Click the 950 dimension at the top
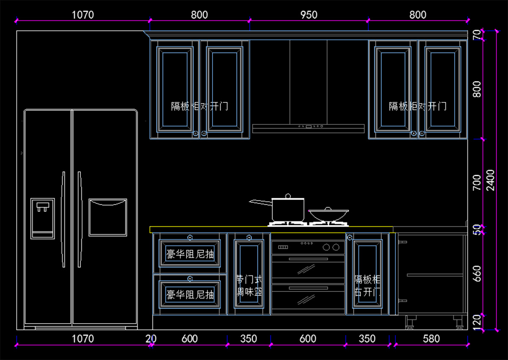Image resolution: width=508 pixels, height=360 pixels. [x=309, y=15]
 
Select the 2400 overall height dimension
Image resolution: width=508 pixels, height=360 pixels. [x=490, y=180]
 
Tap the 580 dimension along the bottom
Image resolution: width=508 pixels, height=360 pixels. [x=431, y=339]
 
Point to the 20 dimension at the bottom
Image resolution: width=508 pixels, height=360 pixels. [x=150, y=339]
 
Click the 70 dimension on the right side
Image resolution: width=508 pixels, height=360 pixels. [x=477, y=35]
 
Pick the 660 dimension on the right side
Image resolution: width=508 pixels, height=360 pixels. [x=477, y=273]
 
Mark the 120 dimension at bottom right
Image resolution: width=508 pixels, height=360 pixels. [x=477, y=322]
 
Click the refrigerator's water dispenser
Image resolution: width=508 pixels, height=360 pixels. [x=42, y=218]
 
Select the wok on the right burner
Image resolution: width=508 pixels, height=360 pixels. [x=328, y=215]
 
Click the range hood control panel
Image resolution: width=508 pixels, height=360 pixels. [x=310, y=126]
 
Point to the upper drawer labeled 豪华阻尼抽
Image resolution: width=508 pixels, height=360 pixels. [x=190, y=254]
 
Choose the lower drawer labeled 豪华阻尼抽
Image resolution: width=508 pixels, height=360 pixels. [x=190, y=294]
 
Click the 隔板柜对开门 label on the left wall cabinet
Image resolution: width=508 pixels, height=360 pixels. [x=199, y=106]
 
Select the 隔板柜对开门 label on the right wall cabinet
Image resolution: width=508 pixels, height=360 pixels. [x=417, y=106]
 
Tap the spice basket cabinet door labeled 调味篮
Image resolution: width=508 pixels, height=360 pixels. [x=249, y=274]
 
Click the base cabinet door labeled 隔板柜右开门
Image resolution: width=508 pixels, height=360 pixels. [x=367, y=274]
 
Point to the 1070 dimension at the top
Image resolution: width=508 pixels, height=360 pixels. [x=83, y=15]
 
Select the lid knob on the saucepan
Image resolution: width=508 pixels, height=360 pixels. [x=288, y=196]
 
